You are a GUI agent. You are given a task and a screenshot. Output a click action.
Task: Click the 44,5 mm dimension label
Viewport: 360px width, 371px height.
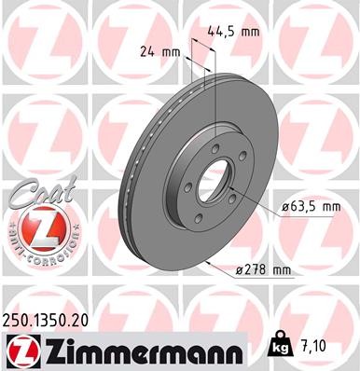click(x=238, y=31)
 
